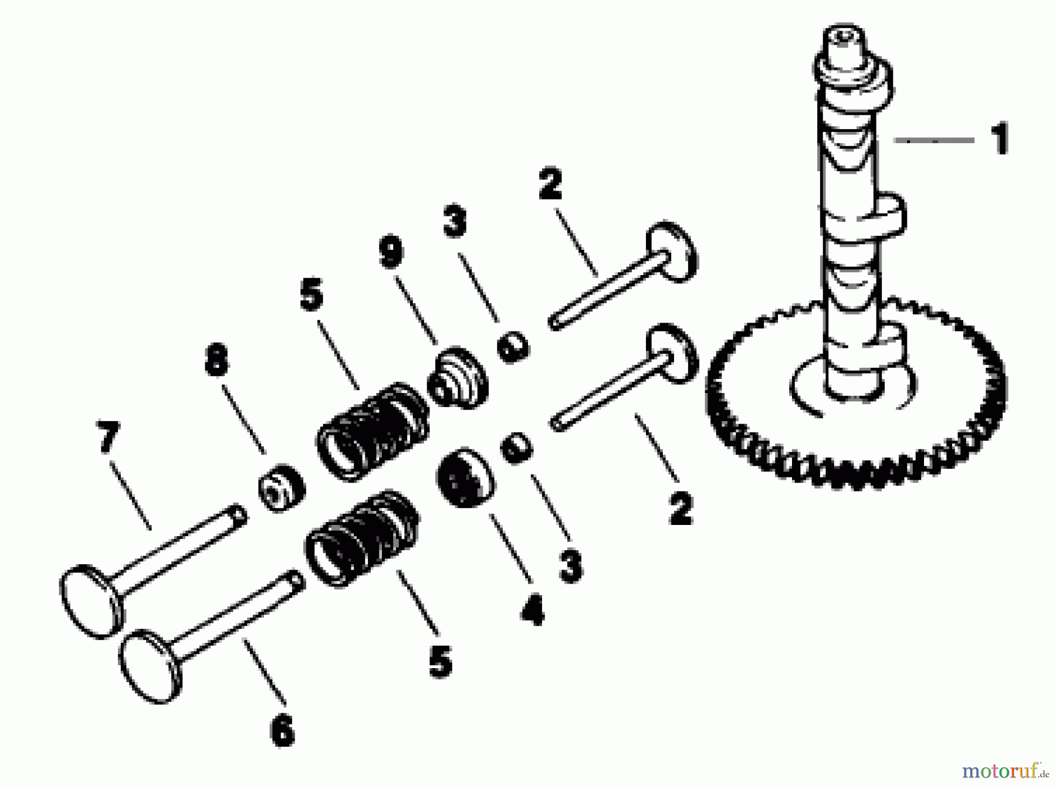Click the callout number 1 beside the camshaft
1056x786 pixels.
(1000, 138)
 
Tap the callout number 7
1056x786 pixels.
(108, 436)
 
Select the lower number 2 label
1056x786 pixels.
(681, 508)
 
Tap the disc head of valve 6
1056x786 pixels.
(150, 666)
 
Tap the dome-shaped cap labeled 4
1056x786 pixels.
(466, 477)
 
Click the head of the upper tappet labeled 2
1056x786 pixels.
(672, 251)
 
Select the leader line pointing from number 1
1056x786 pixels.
(933, 140)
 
